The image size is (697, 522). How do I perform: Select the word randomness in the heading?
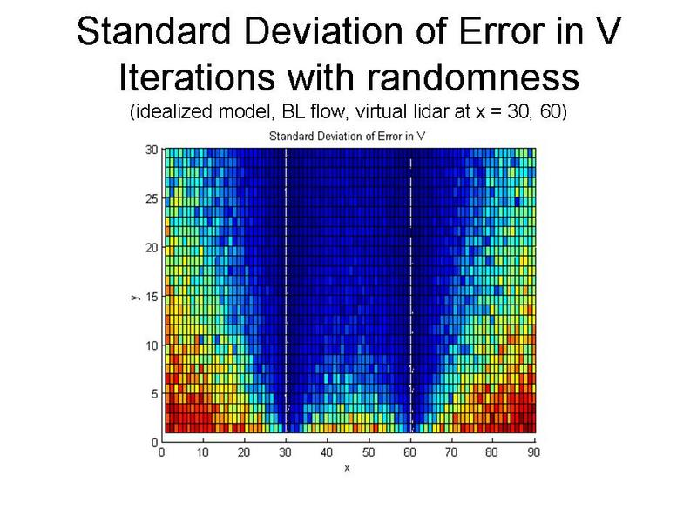[x=473, y=77]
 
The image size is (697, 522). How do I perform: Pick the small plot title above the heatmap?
[x=347, y=137]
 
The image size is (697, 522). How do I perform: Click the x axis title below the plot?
[x=347, y=468]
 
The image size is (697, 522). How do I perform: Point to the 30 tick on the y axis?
[x=152, y=150]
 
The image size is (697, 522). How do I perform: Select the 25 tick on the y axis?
[x=152, y=198]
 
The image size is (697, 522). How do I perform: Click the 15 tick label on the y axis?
[x=152, y=297]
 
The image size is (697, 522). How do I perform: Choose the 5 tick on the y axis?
[x=155, y=394]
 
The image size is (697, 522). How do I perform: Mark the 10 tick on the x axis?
[x=203, y=452]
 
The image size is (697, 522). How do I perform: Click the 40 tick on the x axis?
[x=327, y=452]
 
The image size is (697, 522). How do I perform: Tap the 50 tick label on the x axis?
[x=368, y=452]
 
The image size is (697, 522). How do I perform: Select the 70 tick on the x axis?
[x=451, y=452]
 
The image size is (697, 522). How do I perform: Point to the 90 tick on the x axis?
[x=533, y=452]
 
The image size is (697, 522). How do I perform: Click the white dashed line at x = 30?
[x=286, y=291]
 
